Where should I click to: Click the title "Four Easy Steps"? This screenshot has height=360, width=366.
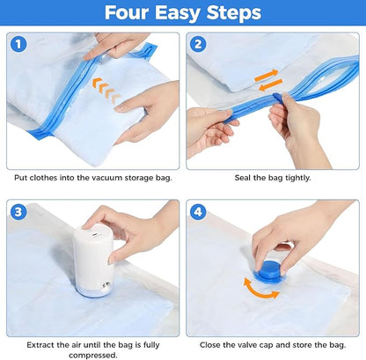point(183,13)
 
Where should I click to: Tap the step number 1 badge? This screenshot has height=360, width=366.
point(21,45)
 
